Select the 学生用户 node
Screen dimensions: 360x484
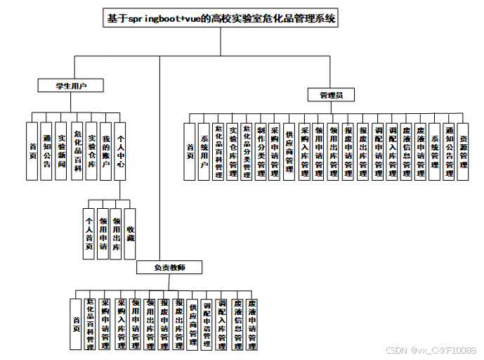71,86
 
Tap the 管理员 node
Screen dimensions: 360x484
331,94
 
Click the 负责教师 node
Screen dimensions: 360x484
169,267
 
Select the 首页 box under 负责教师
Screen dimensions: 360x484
76,323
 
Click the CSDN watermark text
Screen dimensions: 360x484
431,350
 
